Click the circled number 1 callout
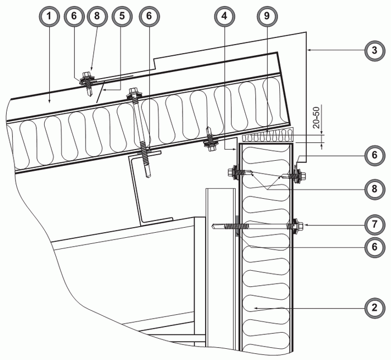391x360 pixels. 50,17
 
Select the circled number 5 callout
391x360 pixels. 121,17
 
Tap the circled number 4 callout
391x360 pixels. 224,17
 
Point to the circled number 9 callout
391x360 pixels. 266,17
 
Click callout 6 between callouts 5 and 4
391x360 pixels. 149,17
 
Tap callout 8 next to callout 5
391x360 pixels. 97,17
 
